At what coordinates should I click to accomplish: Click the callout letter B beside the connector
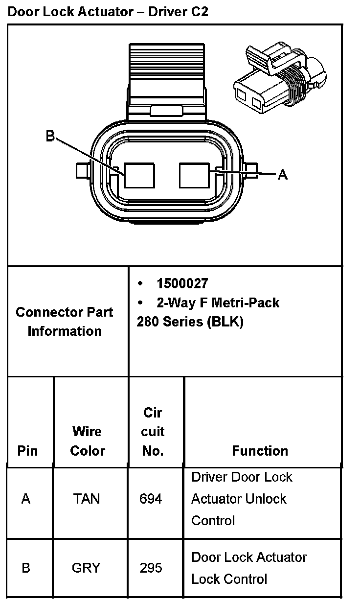(50, 136)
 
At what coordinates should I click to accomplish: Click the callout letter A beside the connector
(282, 174)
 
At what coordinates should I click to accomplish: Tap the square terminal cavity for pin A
(195, 175)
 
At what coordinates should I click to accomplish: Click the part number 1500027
(182, 283)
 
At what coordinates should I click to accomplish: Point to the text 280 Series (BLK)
(190, 323)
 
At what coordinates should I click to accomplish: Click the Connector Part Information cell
(65, 322)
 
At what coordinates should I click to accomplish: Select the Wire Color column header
(88, 441)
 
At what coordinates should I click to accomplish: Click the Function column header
(260, 450)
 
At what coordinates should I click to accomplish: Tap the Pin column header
(27, 450)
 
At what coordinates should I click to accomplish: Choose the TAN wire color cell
(86, 499)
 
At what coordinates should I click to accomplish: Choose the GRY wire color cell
(86, 568)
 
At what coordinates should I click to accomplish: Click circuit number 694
(151, 499)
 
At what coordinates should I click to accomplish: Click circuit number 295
(151, 568)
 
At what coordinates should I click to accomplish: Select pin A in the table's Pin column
(26, 499)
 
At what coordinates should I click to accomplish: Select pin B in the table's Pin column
(26, 568)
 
